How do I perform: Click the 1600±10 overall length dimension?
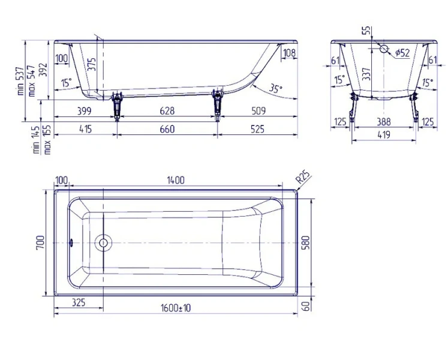click(176, 308)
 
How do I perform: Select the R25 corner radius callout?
click(303, 177)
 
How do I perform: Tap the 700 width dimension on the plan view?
click(40, 242)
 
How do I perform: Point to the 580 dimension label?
click(305, 242)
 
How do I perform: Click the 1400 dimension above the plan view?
click(176, 180)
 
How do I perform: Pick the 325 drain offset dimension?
click(79, 302)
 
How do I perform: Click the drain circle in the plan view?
click(103, 243)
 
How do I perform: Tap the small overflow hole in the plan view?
click(71, 243)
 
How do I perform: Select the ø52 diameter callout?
click(402, 53)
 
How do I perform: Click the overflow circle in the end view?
click(384, 49)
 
